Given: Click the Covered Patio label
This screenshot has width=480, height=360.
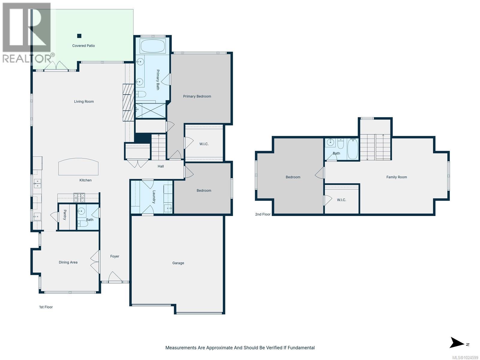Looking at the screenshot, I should point(83,46).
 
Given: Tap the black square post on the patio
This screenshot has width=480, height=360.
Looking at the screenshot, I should point(79,36).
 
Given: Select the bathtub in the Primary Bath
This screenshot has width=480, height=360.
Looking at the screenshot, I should point(152,46).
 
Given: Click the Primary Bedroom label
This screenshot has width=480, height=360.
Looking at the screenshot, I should point(197,96).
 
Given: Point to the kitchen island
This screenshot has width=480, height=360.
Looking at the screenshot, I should point(78,167).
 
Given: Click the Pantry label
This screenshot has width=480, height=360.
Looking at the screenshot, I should point(65,215).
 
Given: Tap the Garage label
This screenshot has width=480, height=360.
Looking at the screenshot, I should point(178,263).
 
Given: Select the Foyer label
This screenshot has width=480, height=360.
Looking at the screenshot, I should point(115,256).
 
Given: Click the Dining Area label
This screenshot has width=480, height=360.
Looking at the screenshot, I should point(68,262).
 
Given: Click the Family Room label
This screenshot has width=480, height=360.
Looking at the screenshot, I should point(397,177).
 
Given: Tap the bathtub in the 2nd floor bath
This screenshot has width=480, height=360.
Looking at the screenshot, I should point(353,149).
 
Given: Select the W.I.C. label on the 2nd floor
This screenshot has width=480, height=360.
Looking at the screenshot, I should point(341,200).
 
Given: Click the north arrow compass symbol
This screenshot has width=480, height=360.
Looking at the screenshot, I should point(457,343).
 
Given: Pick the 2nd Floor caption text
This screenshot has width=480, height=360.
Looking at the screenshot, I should point(263,214).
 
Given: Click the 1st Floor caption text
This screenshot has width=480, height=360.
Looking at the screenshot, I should point(46,307).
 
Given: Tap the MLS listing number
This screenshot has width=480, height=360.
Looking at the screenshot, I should point(465,357).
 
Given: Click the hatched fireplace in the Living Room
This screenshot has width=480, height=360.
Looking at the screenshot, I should point(128,102).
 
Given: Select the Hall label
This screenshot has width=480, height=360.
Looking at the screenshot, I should point(161,166).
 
